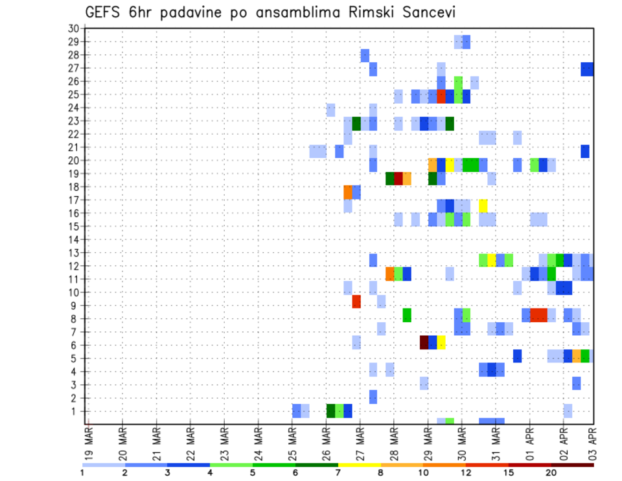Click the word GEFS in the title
104,14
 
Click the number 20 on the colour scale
551,473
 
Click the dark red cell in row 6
424,342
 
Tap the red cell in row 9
356,302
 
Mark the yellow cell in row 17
483,205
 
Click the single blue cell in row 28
365,55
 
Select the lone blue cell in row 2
373,396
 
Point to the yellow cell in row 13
492,260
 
